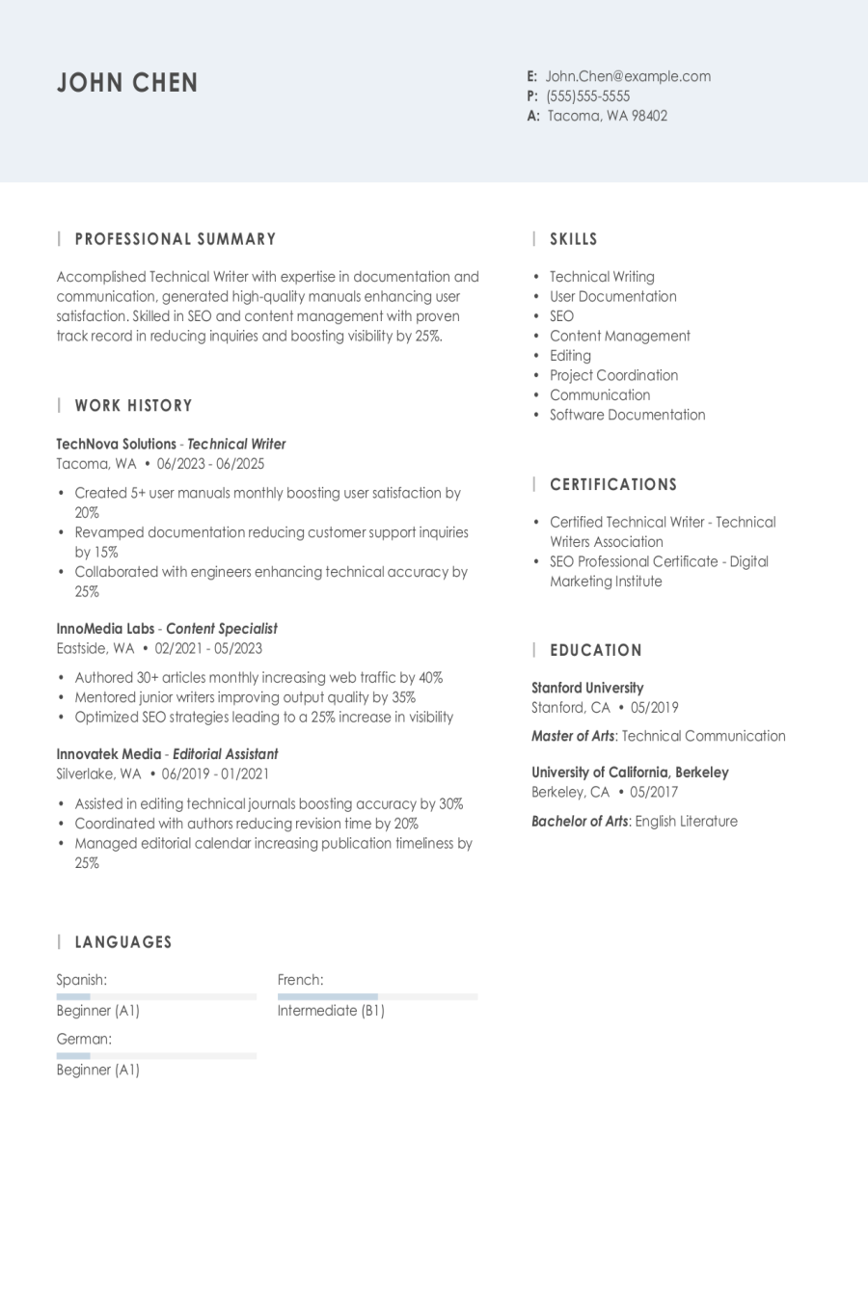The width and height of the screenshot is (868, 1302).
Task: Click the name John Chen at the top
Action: click(x=127, y=83)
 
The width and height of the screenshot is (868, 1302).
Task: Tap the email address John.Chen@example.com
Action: click(x=628, y=76)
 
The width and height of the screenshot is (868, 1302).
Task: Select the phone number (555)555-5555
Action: click(x=587, y=96)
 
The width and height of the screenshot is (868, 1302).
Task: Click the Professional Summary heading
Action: click(x=176, y=239)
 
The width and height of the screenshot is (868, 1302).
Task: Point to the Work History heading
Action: click(x=133, y=406)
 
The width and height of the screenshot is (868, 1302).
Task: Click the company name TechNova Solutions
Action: click(x=116, y=445)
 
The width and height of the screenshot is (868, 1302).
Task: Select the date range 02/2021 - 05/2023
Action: click(x=208, y=649)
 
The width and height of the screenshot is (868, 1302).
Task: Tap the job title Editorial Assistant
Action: click(x=225, y=754)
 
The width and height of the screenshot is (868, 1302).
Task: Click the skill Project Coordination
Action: click(x=613, y=375)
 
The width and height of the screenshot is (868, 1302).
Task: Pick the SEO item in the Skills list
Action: click(x=561, y=316)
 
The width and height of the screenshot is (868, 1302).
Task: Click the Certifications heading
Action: click(x=613, y=485)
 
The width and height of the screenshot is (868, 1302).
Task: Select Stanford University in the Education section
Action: click(x=587, y=688)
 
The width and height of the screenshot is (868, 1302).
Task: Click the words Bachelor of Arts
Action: click(x=580, y=822)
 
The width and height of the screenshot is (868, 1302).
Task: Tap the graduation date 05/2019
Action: click(x=654, y=708)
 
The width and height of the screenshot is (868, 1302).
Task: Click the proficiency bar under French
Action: click(x=377, y=996)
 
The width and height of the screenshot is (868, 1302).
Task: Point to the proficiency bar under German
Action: click(x=156, y=1056)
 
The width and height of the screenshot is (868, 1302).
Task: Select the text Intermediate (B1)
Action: click(x=331, y=1011)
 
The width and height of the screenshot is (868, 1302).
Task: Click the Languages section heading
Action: click(x=123, y=942)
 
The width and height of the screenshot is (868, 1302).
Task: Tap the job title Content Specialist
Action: click(x=222, y=629)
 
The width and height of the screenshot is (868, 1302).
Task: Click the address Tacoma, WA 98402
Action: click(x=608, y=116)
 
